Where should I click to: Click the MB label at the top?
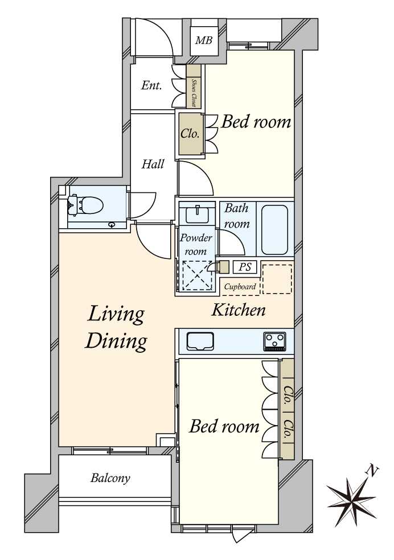[204, 40]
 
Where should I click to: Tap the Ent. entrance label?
[151, 85]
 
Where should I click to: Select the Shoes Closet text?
[194, 93]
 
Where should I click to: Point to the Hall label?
[153, 164]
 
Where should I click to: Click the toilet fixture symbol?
[86, 205]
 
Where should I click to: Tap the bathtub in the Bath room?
[274, 229]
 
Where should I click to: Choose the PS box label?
[245, 267]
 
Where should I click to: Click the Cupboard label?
[240, 286]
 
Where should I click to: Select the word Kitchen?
[238, 310]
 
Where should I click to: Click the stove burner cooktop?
[274, 341]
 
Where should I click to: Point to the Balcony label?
[110, 478]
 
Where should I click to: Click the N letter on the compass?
[372, 472]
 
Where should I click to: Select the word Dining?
[116, 341]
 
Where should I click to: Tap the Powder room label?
[196, 244]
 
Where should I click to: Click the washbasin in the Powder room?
[197, 213]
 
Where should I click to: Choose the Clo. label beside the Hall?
[190, 134]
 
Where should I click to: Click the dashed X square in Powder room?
[197, 275]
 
